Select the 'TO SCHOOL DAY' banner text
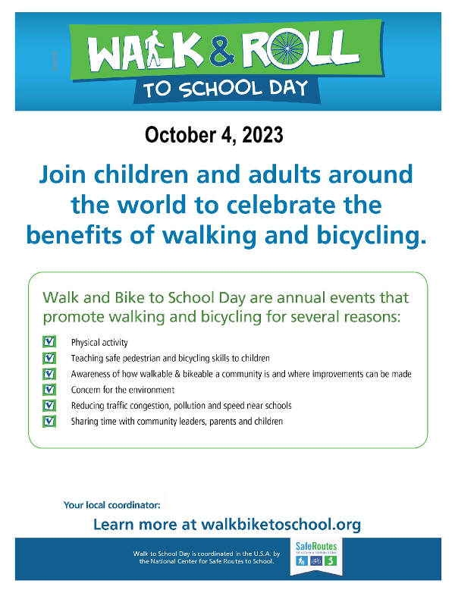[x=225, y=88]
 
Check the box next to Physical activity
[x=50, y=342]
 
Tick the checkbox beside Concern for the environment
[x=50, y=389]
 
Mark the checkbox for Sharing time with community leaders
[x=50, y=420]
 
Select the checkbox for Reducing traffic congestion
[x=50, y=405]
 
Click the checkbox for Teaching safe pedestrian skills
[x=50, y=358]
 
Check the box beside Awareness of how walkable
[x=50, y=373]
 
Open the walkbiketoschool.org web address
[x=280, y=523]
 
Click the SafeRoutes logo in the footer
[x=318, y=557]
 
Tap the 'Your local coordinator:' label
[x=113, y=504]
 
